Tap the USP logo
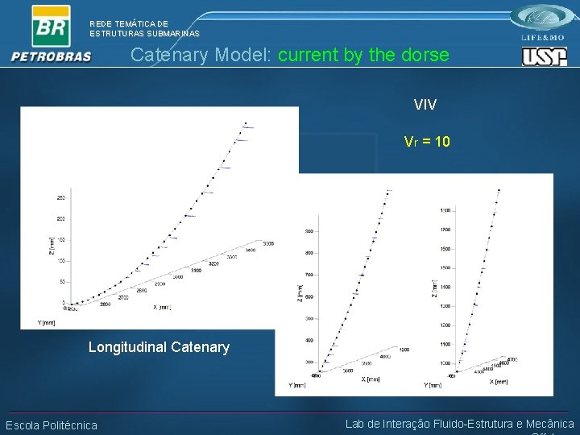[545, 57]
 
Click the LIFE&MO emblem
[545, 22]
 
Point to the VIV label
[425, 105]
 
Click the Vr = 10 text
[427, 142]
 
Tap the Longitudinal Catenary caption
[159, 347]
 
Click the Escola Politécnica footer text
[52, 425]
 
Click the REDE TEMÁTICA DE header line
[129, 24]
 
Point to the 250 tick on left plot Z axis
[61, 197]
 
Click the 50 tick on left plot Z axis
[61, 282]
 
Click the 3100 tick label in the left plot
[196, 271]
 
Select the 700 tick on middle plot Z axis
[309, 275]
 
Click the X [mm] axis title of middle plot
[371, 378]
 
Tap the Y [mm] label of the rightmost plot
[433, 385]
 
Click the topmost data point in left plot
[246, 123]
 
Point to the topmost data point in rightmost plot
[499, 191]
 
